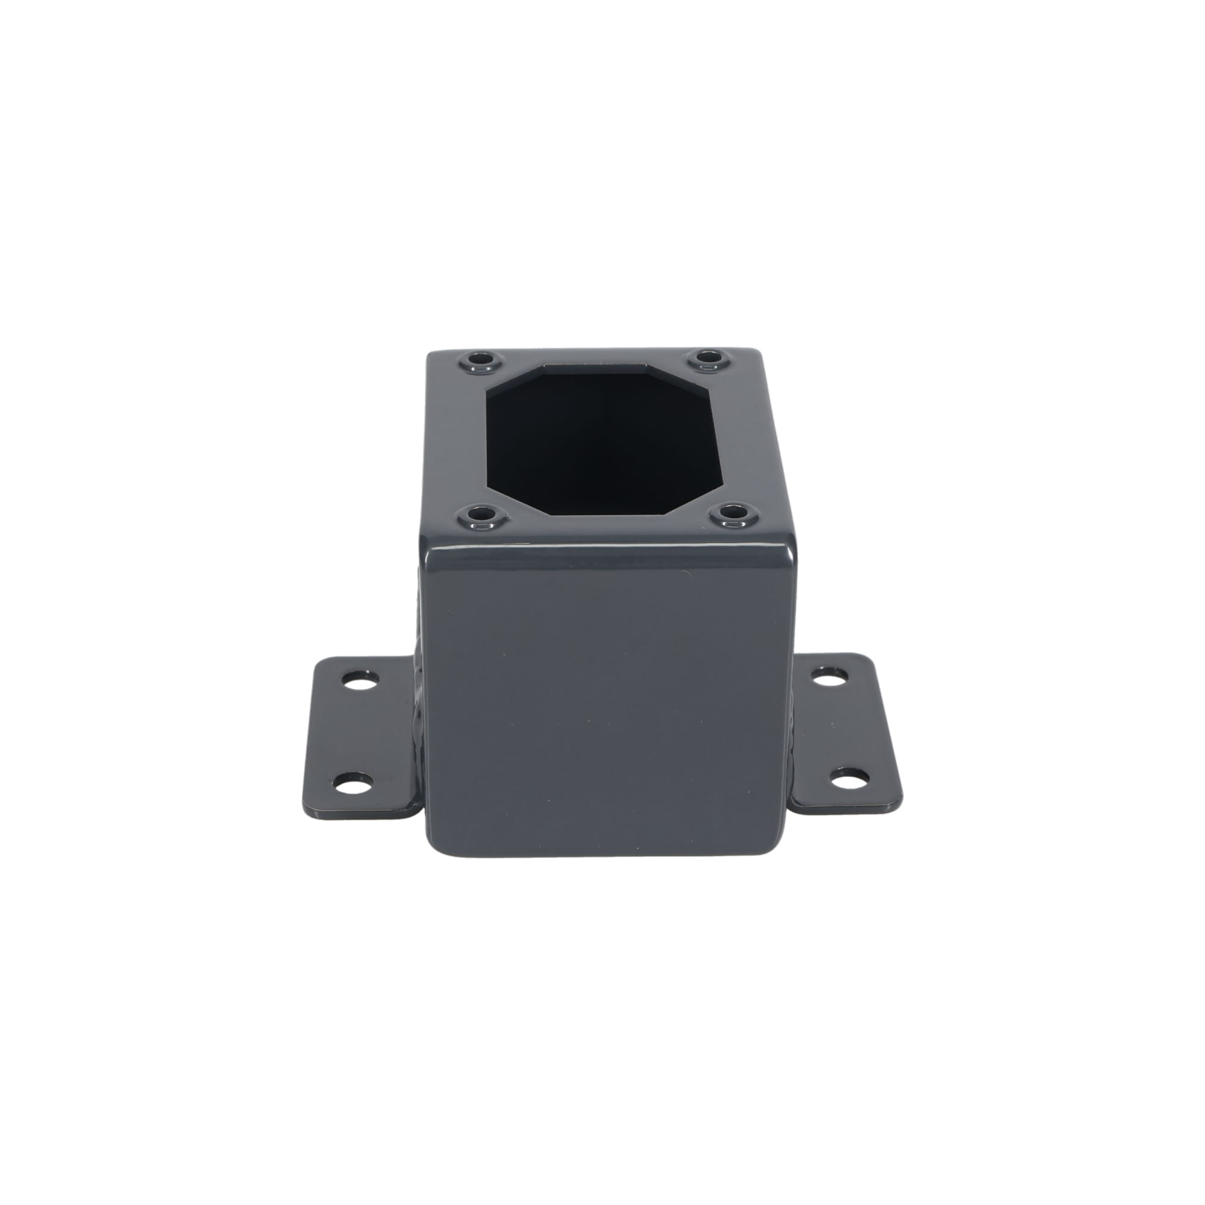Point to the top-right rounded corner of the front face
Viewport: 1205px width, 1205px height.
[x=791, y=552]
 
